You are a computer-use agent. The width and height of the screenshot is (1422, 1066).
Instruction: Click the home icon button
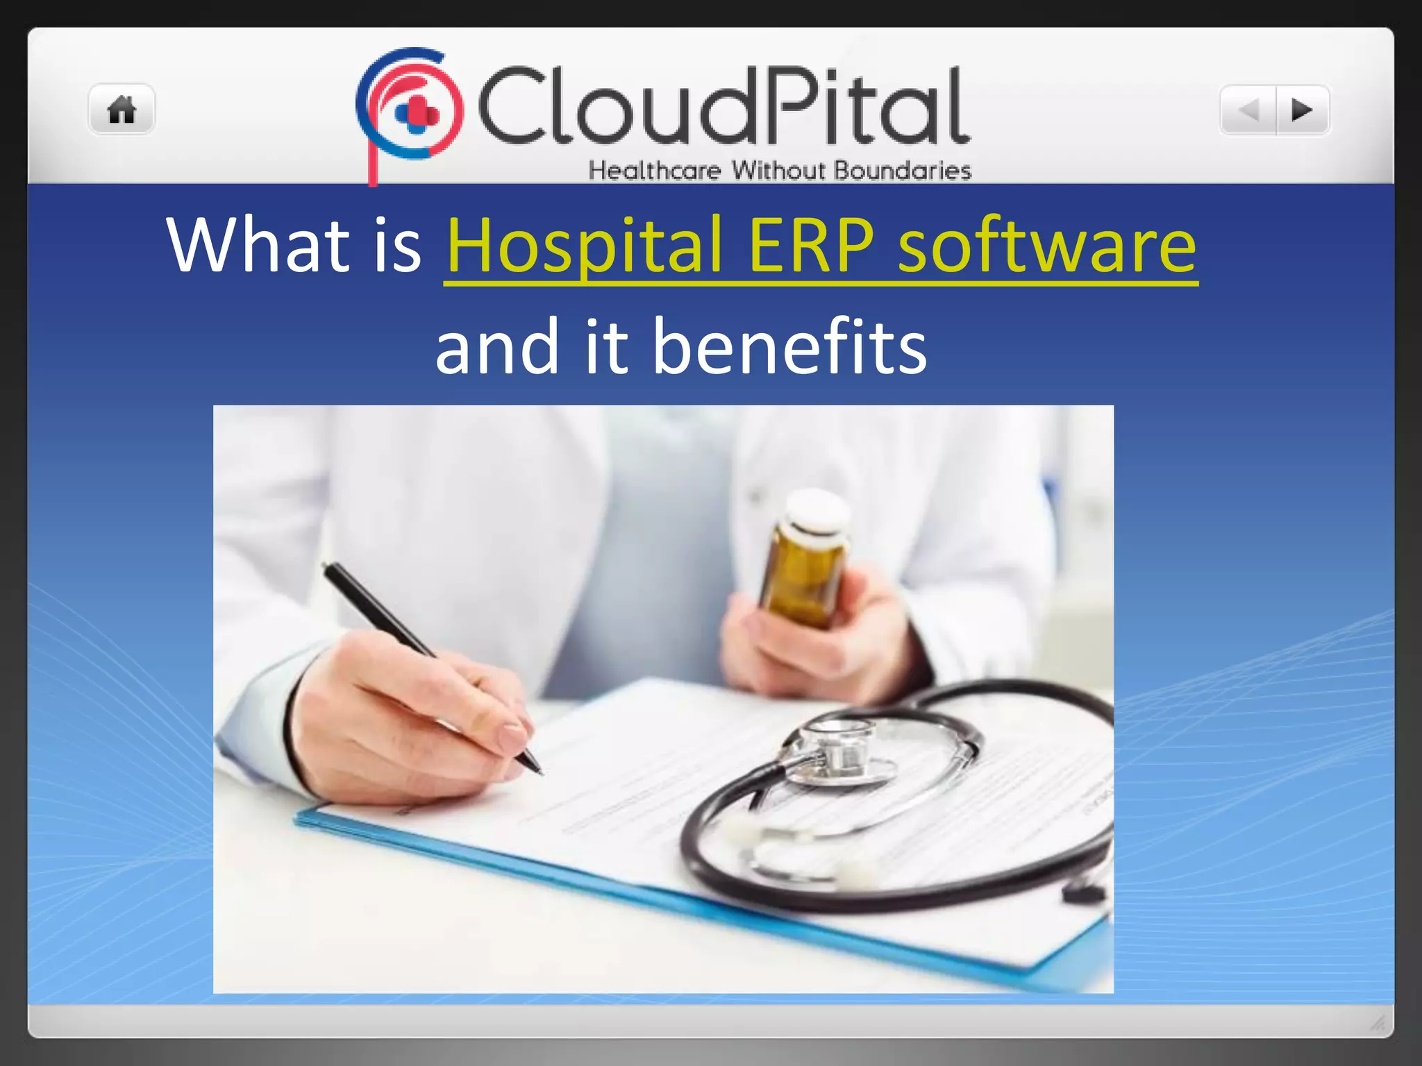122,110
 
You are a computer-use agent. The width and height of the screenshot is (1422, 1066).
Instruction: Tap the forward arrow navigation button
1302,110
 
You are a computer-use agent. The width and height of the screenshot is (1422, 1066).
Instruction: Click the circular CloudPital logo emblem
410,108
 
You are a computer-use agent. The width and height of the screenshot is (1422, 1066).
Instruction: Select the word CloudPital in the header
722,105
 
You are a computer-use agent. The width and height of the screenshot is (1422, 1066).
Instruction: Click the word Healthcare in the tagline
655,171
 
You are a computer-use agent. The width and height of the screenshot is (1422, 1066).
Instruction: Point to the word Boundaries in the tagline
902,171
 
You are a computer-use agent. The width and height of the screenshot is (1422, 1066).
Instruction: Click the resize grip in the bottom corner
1378,1023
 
